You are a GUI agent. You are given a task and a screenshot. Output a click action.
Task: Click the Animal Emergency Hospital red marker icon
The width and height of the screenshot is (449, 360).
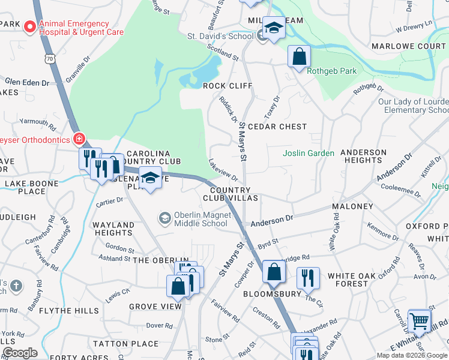click(x=29, y=27)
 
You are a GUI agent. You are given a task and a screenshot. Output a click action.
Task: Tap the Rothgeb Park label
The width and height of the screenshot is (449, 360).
click(x=331, y=71)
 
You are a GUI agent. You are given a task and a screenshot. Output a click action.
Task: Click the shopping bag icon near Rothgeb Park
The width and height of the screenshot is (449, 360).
click(x=298, y=57)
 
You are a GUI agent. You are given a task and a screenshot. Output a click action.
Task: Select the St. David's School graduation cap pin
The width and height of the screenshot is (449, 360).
click(x=273, y=28)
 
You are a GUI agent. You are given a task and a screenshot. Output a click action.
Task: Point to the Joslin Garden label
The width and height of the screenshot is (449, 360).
click(x=309, y=153)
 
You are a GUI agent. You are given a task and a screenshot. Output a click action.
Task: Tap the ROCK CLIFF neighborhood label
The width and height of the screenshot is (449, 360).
click(x=228, y=86)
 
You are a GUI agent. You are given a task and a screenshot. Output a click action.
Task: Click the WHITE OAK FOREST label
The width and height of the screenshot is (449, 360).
click(x=357, y=280)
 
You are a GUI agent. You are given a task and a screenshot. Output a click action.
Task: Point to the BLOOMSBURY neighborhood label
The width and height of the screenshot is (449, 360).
click(x=271, y=295)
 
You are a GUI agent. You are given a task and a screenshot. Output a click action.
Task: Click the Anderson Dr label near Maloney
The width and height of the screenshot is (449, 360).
click(x=271, y=221)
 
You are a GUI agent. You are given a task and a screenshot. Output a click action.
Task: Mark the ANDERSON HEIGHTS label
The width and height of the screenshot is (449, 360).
click(x=363, y=156)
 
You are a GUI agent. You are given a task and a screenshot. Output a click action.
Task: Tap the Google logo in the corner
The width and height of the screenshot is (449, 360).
click(x=20, y=353)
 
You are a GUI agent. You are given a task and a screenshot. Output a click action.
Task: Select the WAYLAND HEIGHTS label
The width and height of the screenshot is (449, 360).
click(x=113, y=229)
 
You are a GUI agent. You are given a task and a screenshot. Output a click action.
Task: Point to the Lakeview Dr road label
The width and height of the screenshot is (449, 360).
click(x=223, y=172)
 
